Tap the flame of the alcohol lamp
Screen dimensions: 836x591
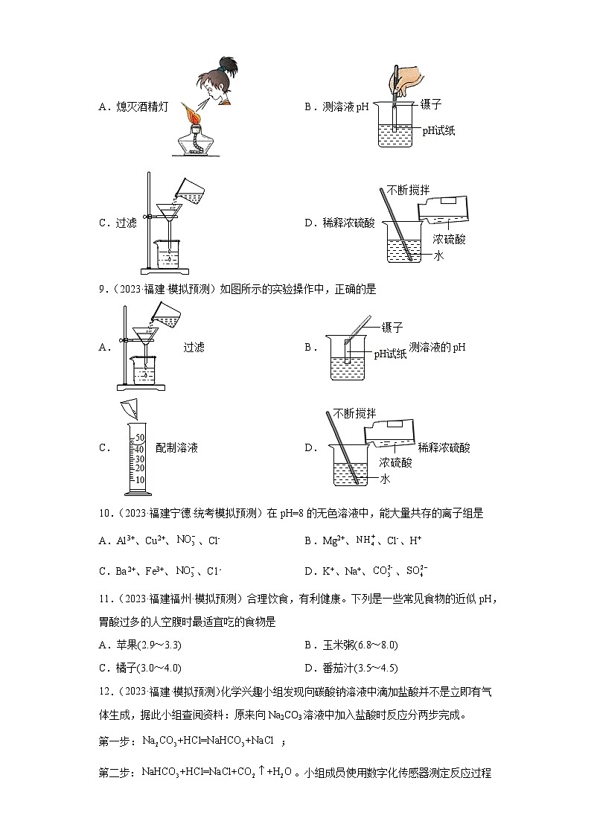pyautogui.click(x=191, y=115)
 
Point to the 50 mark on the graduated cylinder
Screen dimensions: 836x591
pyautogui.click(x=139, y=438)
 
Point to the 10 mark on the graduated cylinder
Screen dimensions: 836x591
pyautogui.click(x=139, y=479)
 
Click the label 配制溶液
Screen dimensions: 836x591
pyautogui.click(x=176, y=448)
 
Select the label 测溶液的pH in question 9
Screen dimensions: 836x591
pyautogui.click(x=441, y=347)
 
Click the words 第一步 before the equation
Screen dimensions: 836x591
pyautogui.click(x=115, y=741)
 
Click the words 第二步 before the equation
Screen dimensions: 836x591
pyautogui.click(x=115, y=773)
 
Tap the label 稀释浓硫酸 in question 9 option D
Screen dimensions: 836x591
pyautogui.click(x=444, y=447)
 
